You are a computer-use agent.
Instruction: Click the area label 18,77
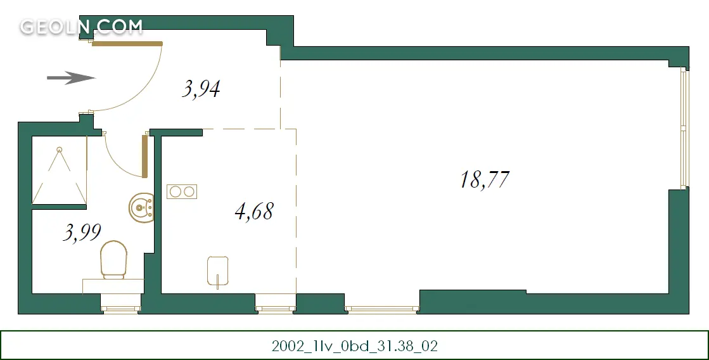pyautogui.click(x=485, y=179)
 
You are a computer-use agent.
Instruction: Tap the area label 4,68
pyautogui.click(x=255, y=211)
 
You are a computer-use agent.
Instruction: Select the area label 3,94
pyautogui.click(x=201, y=89)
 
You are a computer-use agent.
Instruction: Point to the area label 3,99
pyautogui.click(x=82, y=233)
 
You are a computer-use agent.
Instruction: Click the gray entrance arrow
pyautogui.click(x=71, y=78)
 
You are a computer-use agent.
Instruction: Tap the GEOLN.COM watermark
pyautogui.click(x=81, y=27)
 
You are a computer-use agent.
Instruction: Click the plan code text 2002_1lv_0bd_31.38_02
pyautogui.click(x=355, y=346)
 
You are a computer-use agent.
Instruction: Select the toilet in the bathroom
pyautogui.click(x=113, y=259)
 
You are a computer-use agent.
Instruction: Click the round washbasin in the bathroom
pyautogui.click(x=141, y=208)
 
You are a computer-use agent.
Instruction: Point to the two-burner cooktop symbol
pyautogui.click(x=182, y=192)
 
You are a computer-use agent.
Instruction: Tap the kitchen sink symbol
pyautogui.click(x=218, y=271)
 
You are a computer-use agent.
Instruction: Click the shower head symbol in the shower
pyautogui.click(x=59, y=149)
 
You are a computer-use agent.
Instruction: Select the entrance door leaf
pyautogui.click(x=127, y=44)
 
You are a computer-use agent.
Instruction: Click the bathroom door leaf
pyautogui.click(x=144, y=156)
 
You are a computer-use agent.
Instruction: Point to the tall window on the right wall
pyautogui.click(x=684, y=127)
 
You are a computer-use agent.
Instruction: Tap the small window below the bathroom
pyautogui.click(x=121, y=309)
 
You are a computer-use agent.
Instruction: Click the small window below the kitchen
pyautogui.click(x=276, y=309)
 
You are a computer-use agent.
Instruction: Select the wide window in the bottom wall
pyautogui.click(x=382, y=309)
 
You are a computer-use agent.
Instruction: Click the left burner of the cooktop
pyautogui.click(x=176, y=192)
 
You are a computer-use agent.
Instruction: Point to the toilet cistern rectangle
pyautogui.click(x=113, y=286)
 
